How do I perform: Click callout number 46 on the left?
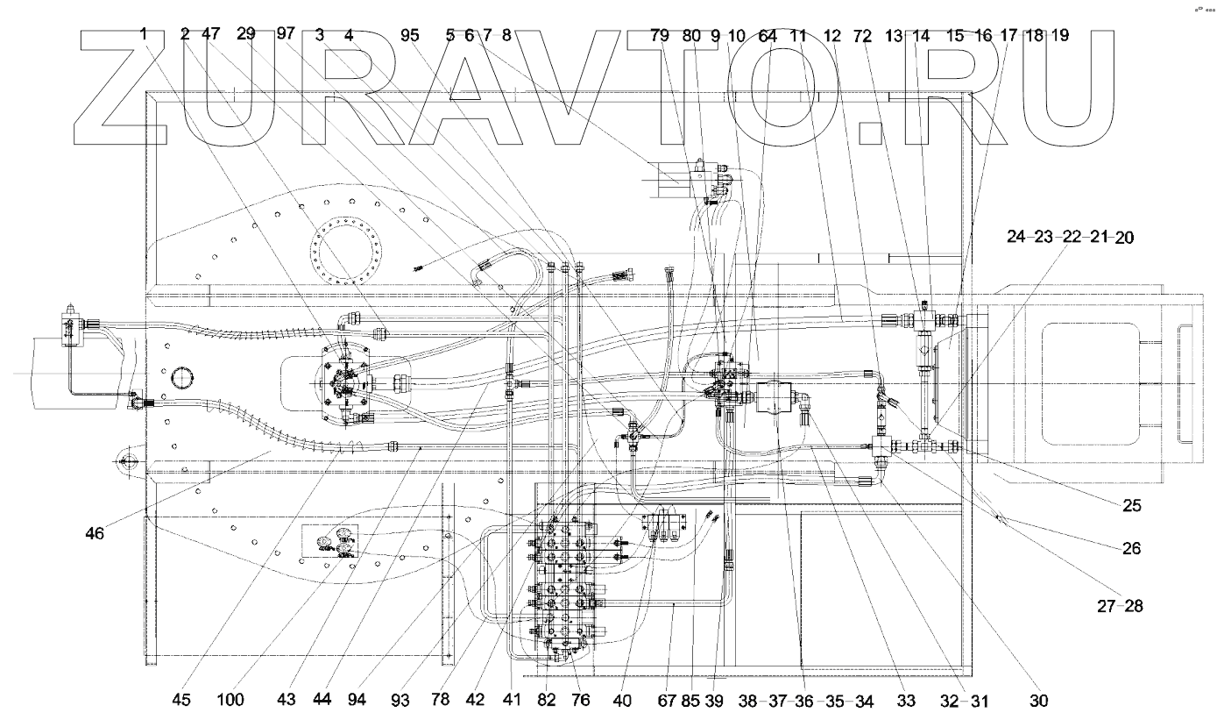pos(95,531)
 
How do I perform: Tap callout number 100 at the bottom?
pos(232,700)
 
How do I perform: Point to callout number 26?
pos(1132,549)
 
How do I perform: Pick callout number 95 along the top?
pos(410,36)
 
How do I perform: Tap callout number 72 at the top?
pos(863,36)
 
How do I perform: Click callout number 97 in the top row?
pos(286,34)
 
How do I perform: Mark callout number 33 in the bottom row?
pos(905,700)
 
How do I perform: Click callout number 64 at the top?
pos(768,36)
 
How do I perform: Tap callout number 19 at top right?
pos(1060,36)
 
